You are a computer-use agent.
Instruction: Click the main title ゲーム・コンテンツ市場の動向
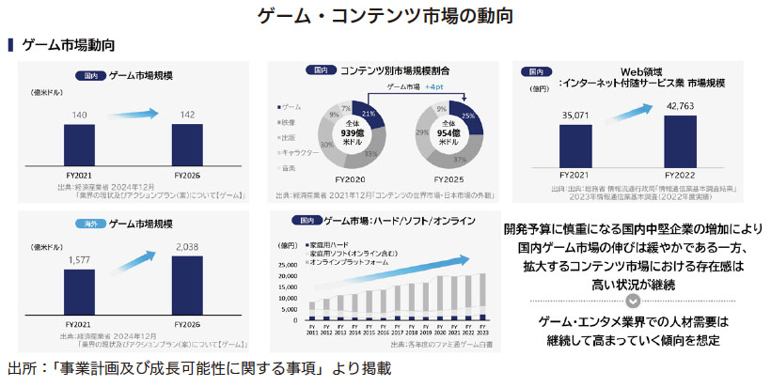(x=385, y=16)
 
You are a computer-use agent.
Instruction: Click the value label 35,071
(x=575, y=115)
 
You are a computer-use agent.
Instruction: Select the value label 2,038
(x=187, y=247)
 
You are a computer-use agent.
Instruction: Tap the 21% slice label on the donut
(x=368, y=115)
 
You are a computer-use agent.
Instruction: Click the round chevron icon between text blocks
(x=633, y=301)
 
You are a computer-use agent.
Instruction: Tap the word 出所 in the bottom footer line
(x=22, y=369)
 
